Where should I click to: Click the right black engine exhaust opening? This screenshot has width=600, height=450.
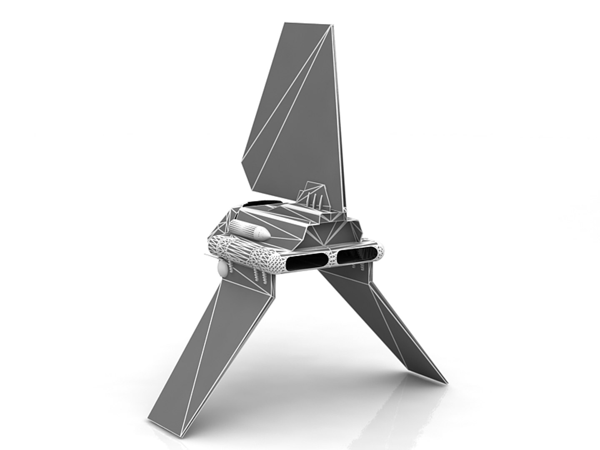tap(359, 254)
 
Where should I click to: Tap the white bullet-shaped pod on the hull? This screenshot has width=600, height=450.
tap(248, 230)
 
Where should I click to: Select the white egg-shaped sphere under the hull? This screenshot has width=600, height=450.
tap(223, 270)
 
